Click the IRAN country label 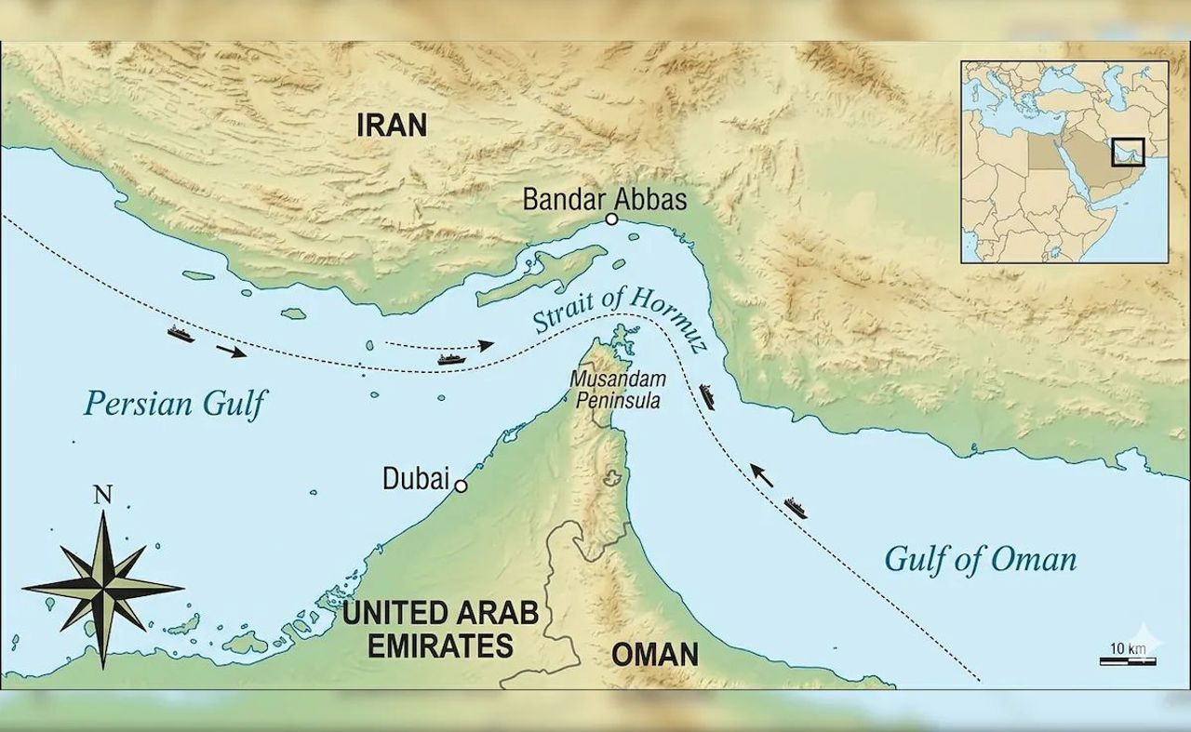pyautogui.click(x=392, y=125)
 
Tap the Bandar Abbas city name pyautogui.click(x=604, y=199)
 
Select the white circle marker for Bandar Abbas pyautogui.click(x=611, y=220)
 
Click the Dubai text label pyautogui.click(x=414, y=479)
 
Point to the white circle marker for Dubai pyautogui.click(x=459, y=486)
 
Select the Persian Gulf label pyautogui.click(x=175, y=404)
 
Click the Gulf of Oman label pyautogui.click(x=980, y=559)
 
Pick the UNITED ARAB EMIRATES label pyautogui.click(x=440, y=629)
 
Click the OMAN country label pyautogui.click(x=654, y=654)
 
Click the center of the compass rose pyautogui.click(x=102, y=588)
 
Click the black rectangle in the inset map pyautogui.click(x=1128, y=150)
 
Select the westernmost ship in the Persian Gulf pyautogui.click(x=181, y=334)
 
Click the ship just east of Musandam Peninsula pyautogui.click(x=708, y=396)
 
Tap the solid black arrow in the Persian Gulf pyautogui.click(x=232, y=351)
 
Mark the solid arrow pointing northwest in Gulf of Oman pyautogui.click(x=762, y=476)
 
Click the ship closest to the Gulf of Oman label pyautogui.click(x=796, y=508)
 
